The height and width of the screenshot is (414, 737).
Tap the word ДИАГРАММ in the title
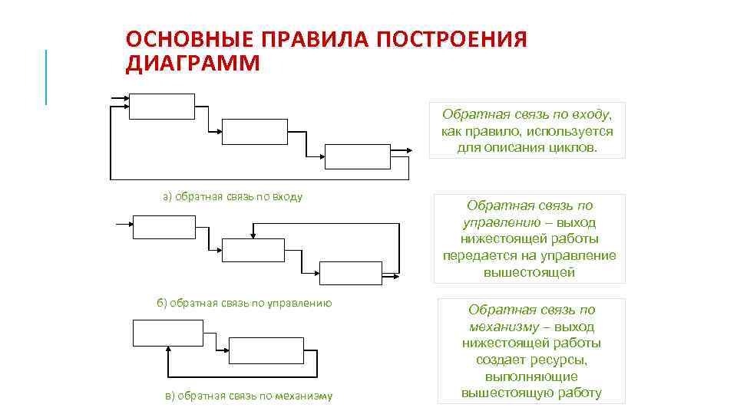click(193, 63)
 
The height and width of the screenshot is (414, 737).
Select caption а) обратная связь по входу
click(233, 197)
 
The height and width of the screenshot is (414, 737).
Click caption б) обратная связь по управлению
click(244, 303)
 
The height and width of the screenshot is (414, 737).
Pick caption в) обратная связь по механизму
click(249, 396)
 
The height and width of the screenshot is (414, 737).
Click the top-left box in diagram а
click(161, 107)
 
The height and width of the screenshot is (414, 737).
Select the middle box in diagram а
click(253, 131)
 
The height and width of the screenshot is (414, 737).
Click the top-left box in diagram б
click(164, 228)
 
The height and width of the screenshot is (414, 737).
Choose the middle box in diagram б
click(253, 250)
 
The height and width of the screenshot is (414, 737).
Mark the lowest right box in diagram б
click(350, 273)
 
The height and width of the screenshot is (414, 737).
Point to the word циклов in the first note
click(570, 147)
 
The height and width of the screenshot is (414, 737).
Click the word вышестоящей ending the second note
click(530, 272)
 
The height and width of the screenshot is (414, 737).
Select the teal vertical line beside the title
click(46, 77)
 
